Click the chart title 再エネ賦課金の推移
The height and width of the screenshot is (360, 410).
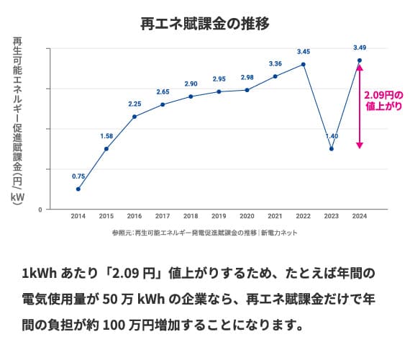pyautogui.click(x=205, y=23)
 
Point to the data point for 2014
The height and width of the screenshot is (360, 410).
pyautogui.click(x=78, y=189)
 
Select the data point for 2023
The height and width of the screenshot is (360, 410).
pyautogui.click(x=332, y=149)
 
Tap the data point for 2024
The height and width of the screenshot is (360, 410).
pyautogui.click(x=360, y=60)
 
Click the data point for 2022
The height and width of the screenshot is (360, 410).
pyautogui.click(x=304, y=64)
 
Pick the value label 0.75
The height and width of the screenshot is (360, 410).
pyautogui.click(x=78, y=176)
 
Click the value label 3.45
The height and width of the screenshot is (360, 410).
pyautogui.click(x=304, y=52)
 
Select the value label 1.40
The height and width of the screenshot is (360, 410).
pyautogui.click(x=332, y=136)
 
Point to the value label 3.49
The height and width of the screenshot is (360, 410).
pyautogui.click(x=360, y=48)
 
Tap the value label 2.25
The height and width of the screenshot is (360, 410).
pyautogui.click(x=135, y=104)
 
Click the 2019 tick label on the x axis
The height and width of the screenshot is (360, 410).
pyautogui.click(x=219, y=216)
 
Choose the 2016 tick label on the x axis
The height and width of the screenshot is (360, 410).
pyautogui.click(x=135, y=216)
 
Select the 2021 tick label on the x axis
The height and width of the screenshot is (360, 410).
pyautogui.click(x=275, y=216)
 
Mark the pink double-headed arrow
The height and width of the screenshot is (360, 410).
pyautogui.click(x=360, y=106)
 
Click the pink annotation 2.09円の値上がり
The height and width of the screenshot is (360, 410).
pyautogui.click(x=383, y=101)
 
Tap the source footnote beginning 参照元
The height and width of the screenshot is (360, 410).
pyautogui.click(x=204, y=233)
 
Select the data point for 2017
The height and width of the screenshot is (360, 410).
pyautogui.click(x=163, y=104)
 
